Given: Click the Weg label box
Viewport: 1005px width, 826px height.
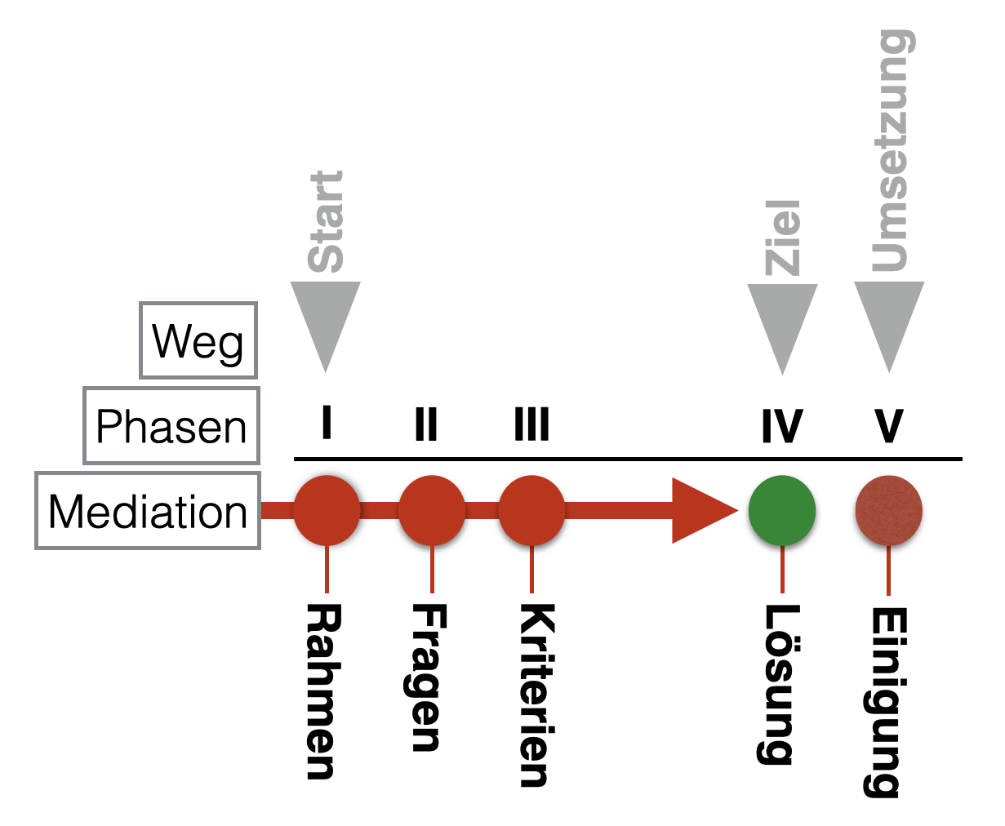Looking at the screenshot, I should click(x=198, y=340).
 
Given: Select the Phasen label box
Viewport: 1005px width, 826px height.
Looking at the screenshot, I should click(x=171, y=425).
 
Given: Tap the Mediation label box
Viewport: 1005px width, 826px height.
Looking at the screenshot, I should click(x=148, y=511).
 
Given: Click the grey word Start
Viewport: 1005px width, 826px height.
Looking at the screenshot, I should click(x=326, y=221).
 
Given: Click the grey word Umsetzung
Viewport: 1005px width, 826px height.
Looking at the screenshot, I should click(x=889, y=151).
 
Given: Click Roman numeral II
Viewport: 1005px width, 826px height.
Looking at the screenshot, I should click(x=426, y=424).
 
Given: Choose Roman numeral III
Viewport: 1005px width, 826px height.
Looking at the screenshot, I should click(x=532, y=424).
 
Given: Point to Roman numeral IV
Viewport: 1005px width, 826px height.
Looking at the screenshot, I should click(x=782, y=426).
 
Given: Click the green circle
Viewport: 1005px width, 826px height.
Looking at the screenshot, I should click(x=782, y=511).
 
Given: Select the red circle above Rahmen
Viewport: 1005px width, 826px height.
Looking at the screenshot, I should click(x=327, y=511).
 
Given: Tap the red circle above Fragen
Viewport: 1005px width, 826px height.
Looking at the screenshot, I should click(x=432, y=511).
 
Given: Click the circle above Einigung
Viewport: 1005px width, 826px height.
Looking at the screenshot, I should click(x=889, y=511).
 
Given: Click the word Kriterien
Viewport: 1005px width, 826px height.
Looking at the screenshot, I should click(x=536, y=695).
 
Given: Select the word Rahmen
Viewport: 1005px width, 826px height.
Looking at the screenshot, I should click(x=322, y=691).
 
